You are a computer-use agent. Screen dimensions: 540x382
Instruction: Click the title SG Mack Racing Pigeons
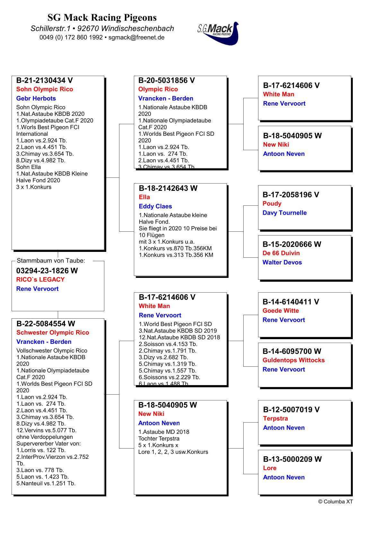pos(102,17)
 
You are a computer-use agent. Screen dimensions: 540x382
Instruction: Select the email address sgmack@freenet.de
pos(136,37)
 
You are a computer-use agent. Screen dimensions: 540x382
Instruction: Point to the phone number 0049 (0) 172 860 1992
pos(71,37)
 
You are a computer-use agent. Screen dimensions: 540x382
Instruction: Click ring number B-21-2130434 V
pos(44,80)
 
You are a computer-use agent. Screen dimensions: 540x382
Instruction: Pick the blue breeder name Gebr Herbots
pos(36,99)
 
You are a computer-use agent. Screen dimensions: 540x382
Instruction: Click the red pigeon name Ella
pos(144,197)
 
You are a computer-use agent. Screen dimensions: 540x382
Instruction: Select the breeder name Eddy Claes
pos(155,206)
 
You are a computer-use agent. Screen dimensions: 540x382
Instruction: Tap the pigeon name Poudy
pos(272,203)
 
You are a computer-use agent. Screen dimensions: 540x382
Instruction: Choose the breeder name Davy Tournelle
pos(284,213)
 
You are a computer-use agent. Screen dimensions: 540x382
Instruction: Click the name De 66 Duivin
pos(281,253)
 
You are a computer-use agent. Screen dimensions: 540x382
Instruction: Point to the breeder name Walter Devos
pos(282,262)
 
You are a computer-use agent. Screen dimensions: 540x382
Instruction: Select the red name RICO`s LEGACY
pos(40,279)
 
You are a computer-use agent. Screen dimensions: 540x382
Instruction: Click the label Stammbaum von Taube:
pos(51,261)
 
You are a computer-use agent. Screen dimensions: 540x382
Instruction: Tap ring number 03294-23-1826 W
pos(47,270)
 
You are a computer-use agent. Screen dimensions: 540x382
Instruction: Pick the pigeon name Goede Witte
pos(281,311)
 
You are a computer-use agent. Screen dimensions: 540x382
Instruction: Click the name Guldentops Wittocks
pos(293,360)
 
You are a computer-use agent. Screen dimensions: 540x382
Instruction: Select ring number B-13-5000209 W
pos(292,459)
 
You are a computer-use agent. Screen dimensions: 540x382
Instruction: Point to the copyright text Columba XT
pos(335,501)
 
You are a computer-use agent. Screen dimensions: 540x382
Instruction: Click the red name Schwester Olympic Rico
pos(53,332)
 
